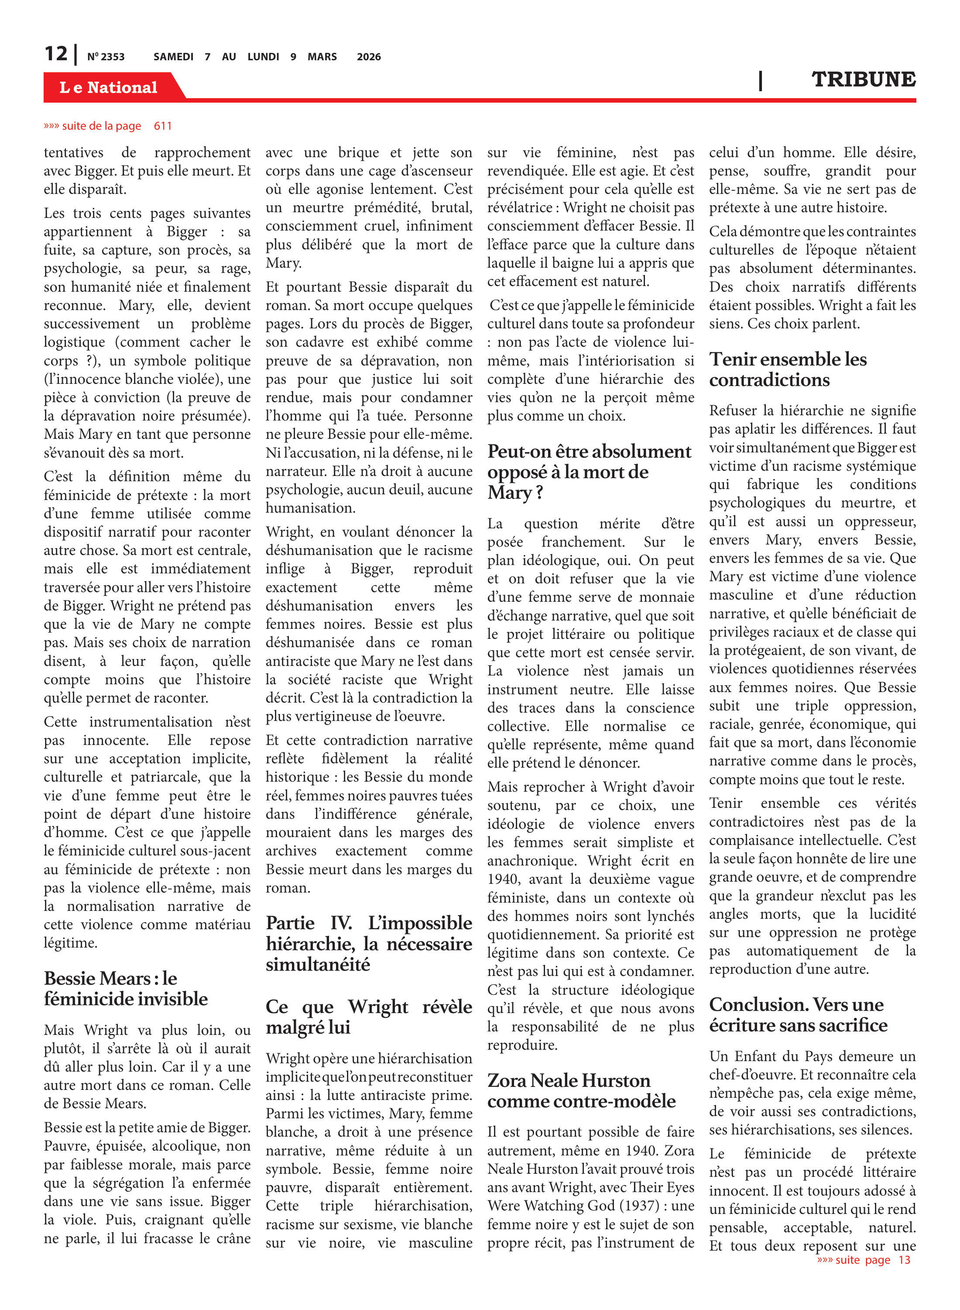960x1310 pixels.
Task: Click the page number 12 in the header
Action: pos(56,54)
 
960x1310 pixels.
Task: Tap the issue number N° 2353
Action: pos(106,57)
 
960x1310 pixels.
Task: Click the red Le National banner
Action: pos(109,87)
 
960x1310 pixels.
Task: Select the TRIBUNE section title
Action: pos(863,79)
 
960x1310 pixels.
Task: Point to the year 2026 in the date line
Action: pos(368,57)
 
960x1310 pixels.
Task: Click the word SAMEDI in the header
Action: pos(173,57)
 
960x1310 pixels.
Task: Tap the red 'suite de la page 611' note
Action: pos(108,126)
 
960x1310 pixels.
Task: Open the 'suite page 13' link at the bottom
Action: pos(864,1260)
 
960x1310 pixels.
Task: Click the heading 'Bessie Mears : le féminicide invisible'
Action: pos(126,989)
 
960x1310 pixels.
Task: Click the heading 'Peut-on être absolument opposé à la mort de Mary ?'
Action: pos(589,472)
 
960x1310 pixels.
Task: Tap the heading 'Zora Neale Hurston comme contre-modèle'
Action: pos(581,1091)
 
